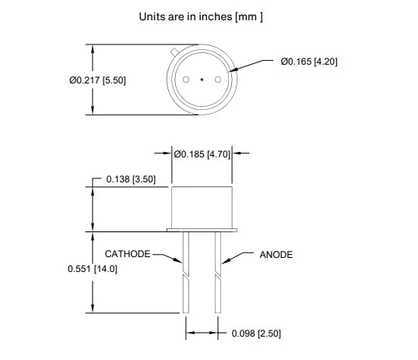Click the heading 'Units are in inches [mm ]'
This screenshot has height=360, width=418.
coord(201,16)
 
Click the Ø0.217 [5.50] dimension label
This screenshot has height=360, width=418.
coord(97,80)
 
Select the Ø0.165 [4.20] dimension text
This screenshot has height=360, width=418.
coord(308,62)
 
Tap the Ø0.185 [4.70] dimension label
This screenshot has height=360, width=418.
coord(202,154)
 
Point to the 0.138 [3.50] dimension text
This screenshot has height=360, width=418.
coord(130,179)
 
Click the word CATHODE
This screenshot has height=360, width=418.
coord(128,254)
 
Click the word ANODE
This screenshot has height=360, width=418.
coord(276,255)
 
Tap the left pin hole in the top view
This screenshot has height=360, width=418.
coord(186,80)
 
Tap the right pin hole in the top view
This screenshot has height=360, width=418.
coord(217,80)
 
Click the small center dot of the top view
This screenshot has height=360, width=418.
coord(202,80)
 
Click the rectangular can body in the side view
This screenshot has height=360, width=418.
coord(202,206)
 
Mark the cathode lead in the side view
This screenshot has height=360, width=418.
coord(186,273)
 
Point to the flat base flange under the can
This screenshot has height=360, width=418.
coord(202,230)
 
